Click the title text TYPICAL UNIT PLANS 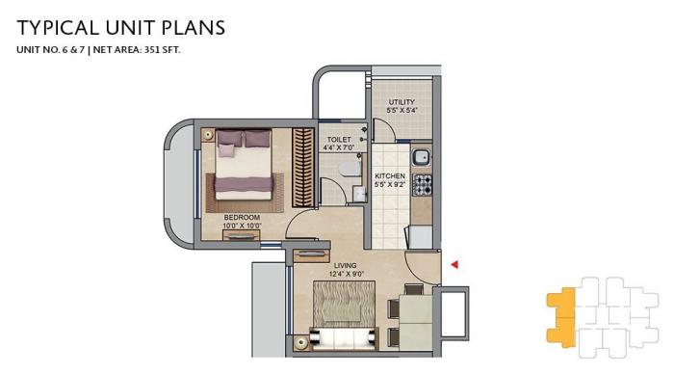(120, 27)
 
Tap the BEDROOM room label (242, 217)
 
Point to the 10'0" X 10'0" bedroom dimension (242, 227)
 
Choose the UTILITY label (401, 101)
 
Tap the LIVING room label (345, 265)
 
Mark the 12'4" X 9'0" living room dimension (345, 275)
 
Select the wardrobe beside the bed (302, 169)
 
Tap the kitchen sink (421, 158)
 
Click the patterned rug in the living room (339, 309)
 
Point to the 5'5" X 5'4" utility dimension (401, 111)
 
